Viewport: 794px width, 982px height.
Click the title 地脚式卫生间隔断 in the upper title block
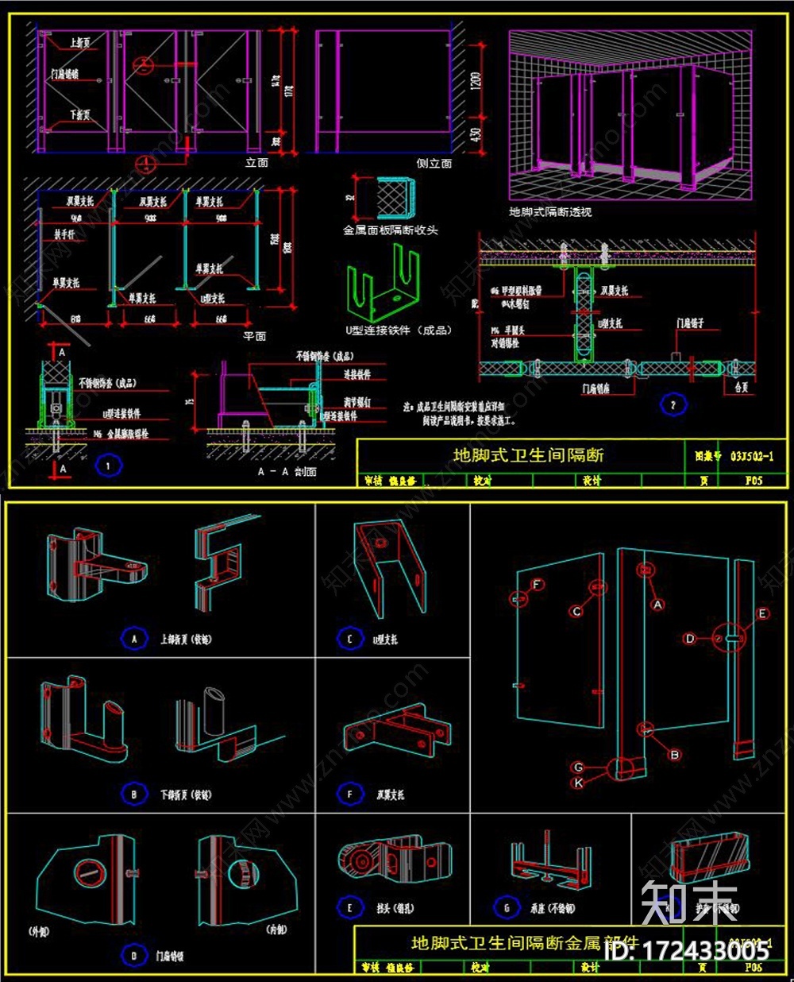[x=528, y=455]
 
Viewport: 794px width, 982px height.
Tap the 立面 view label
[x=256, y=163]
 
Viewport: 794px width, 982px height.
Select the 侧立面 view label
[x=434, y=163]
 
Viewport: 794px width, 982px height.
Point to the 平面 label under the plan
[x=255, y=336]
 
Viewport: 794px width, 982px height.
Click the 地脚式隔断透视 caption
[x=550, y=212]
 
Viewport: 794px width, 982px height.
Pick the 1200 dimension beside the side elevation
[x=476, y=82]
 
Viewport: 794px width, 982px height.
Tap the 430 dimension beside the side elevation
[x=476, y=136]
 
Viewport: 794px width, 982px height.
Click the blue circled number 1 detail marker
[x=108, y=466]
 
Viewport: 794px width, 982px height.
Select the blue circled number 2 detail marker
[x=673, y=405]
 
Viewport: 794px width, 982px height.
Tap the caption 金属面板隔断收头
[x=390, y=230]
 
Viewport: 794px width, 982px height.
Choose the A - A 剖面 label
[x=287, y=472]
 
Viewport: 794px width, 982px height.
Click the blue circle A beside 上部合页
[x=134, y=638]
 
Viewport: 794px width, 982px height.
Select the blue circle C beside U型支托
[x=350, y=638]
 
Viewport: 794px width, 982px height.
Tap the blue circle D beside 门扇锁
[x=134, y=955]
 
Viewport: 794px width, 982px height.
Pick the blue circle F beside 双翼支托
[x=350, y=794]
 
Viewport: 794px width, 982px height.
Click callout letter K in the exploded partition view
[x=578, y=783]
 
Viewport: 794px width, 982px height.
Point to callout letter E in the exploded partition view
[x=762, y=613]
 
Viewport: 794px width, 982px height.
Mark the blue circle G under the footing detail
[x=507, y=907]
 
